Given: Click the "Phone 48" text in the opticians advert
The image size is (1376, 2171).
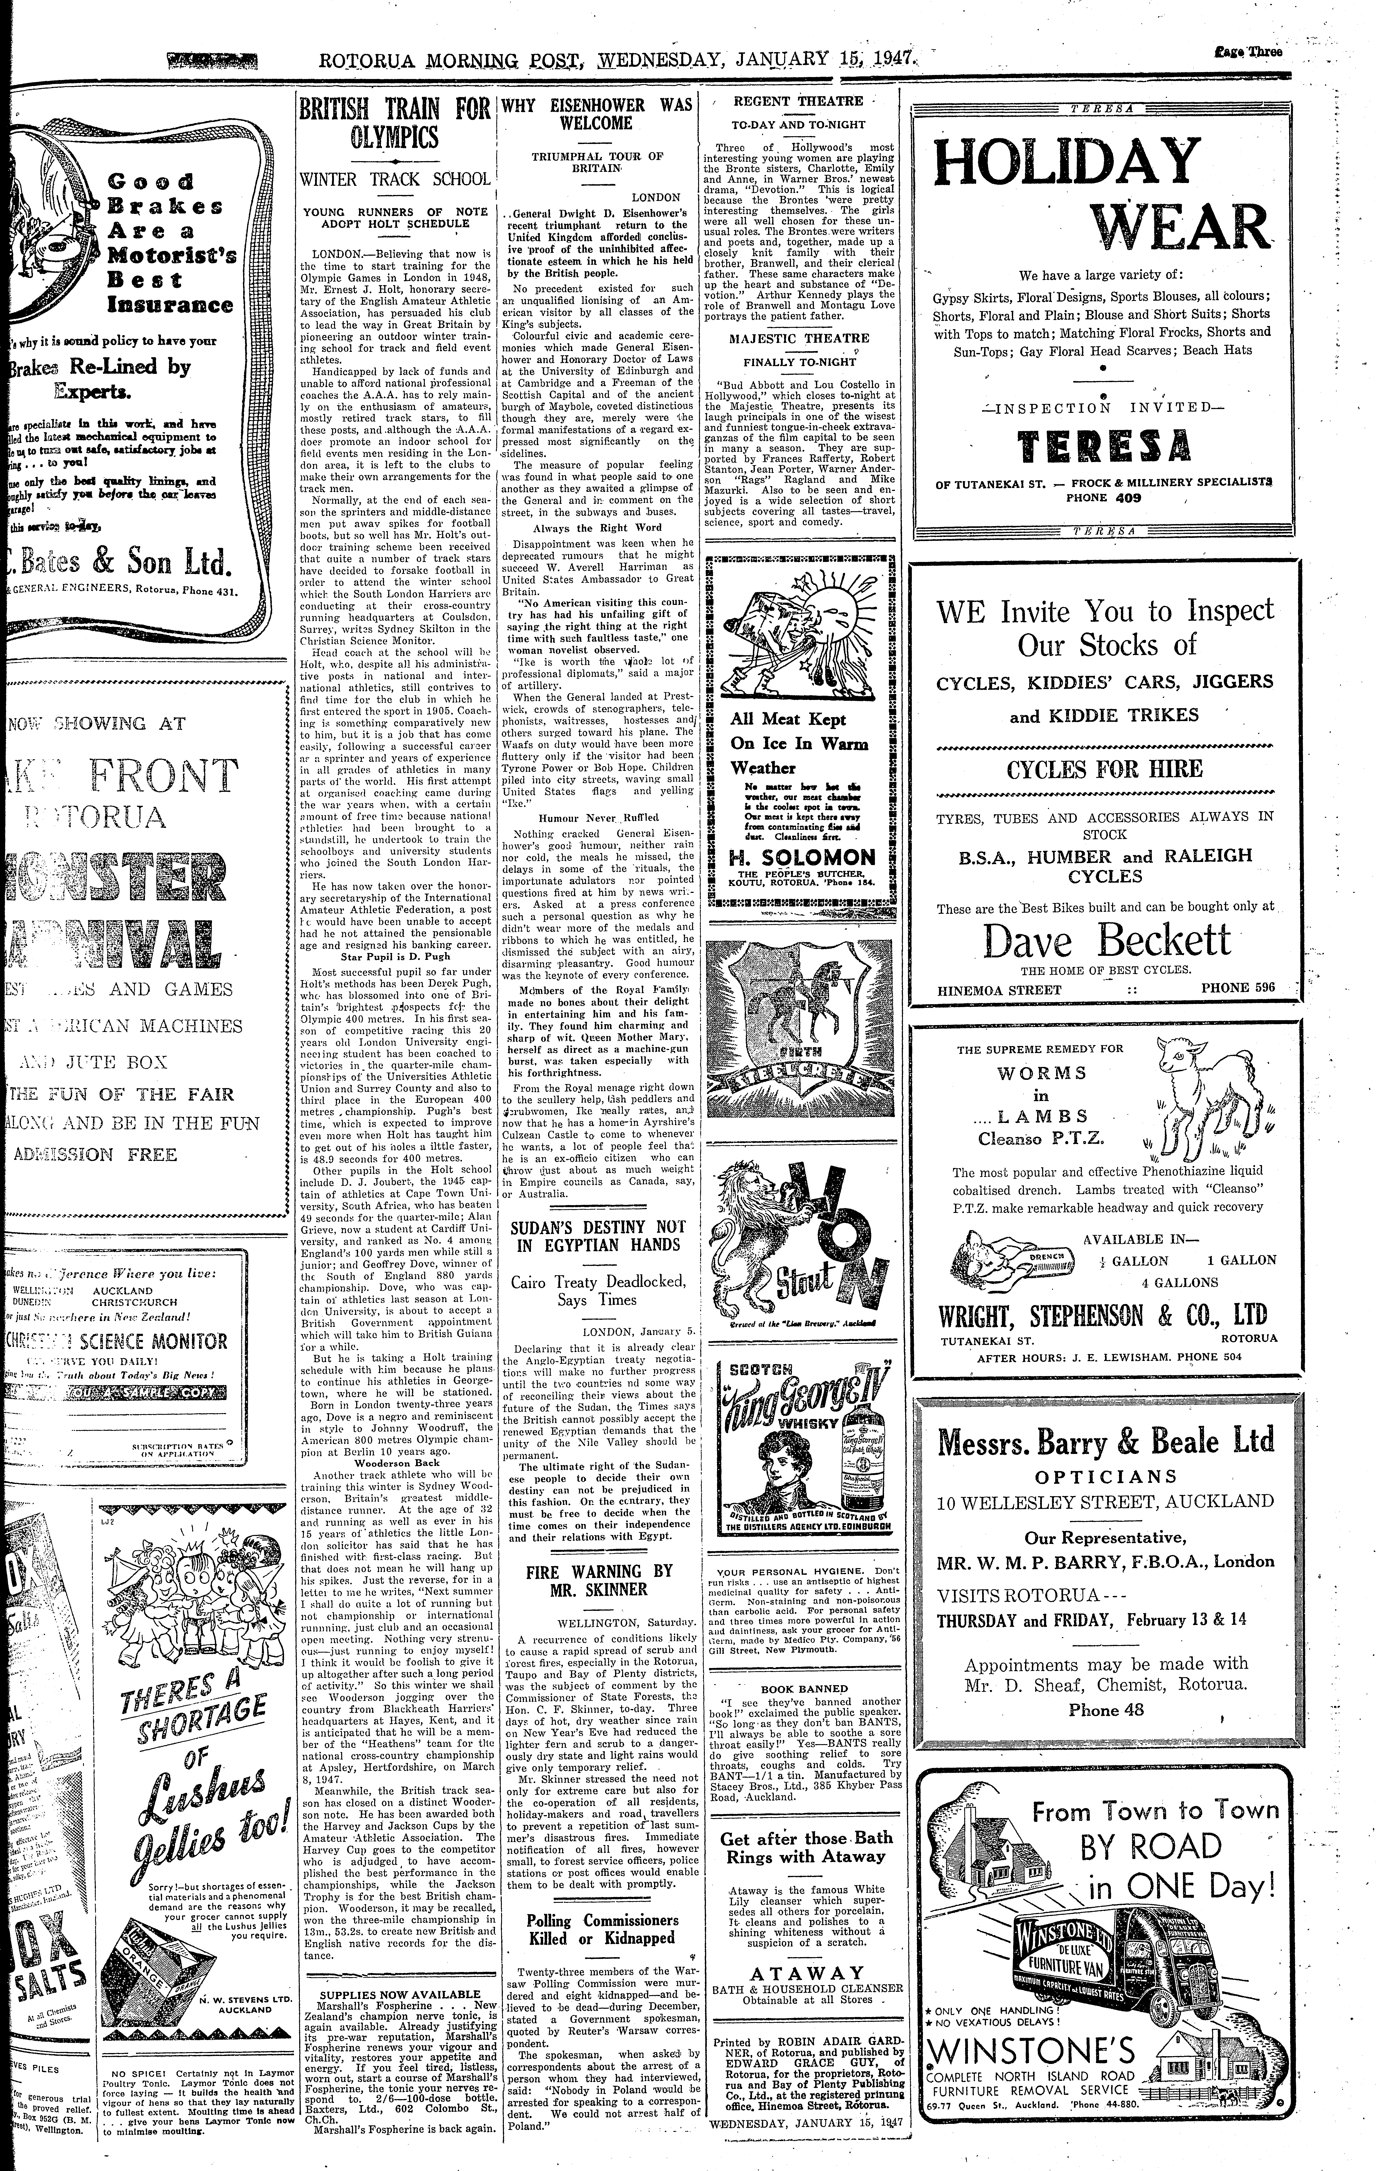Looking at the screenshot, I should point(1106,1709).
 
